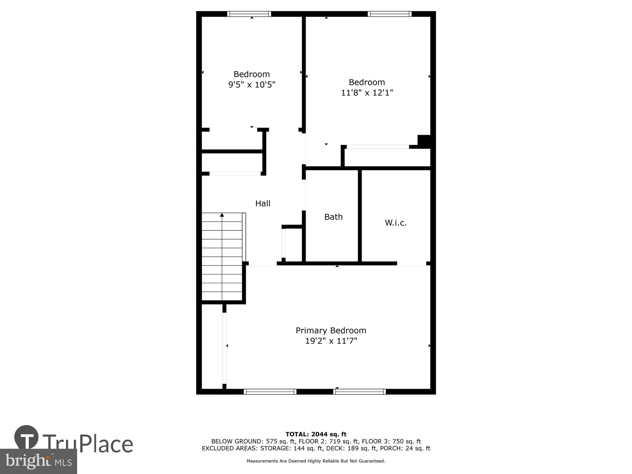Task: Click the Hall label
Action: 263,204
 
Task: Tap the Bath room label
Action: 333,217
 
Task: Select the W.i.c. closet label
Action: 396,223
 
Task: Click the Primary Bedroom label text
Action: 331,331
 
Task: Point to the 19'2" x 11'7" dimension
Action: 331,341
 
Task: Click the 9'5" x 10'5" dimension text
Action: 252,85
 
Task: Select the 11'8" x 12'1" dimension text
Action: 367,93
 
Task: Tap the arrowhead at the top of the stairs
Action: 222,215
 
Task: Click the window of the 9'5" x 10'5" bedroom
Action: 249,14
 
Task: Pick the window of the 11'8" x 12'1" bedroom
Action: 390,14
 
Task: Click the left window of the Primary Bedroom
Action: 270,392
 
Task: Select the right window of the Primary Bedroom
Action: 359,392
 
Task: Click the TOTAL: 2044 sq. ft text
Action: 316,434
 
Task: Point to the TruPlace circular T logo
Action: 27,437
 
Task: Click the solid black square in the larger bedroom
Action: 424,141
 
